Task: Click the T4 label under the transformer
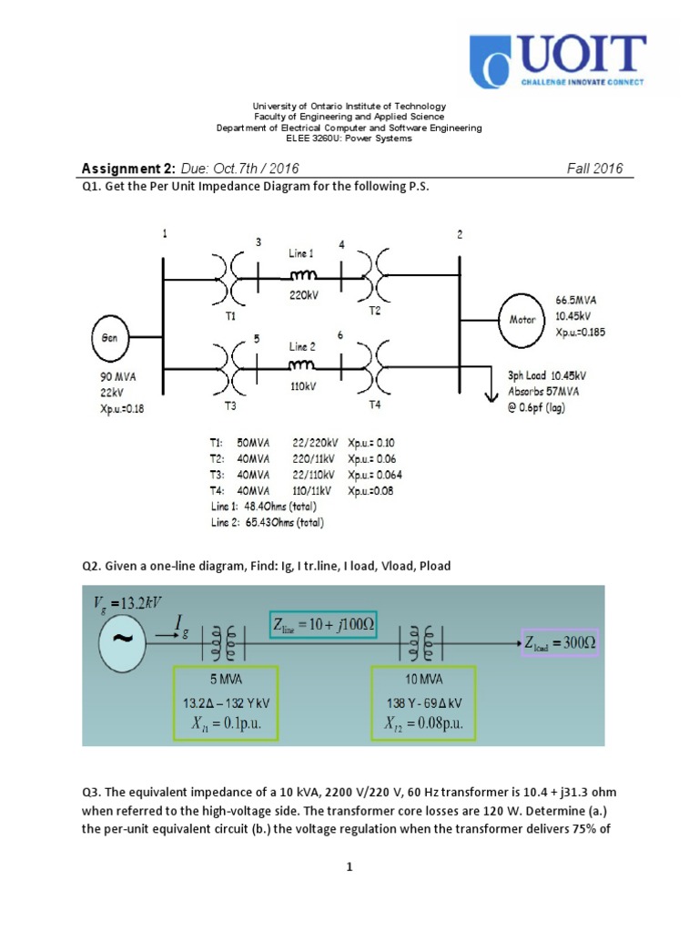pyautogui.click(x=375, y=404)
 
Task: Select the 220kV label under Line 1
pyautogui.click(x=301, y=294)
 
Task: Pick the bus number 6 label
pyautogui.click(x=340, y=335)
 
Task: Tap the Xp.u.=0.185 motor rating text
pyautogui.click(x=580, y=333)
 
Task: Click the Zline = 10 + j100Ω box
pyautogui.click(x=329, y=625)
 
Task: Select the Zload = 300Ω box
pyautogui.click(x=560, y=642)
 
